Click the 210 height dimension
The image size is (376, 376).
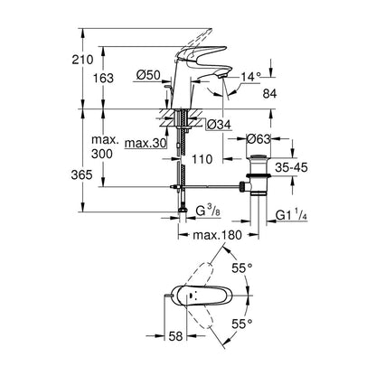82,60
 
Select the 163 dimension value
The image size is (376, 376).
103,78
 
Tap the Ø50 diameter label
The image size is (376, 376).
148,75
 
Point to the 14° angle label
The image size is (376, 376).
249,77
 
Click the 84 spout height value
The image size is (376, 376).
269,94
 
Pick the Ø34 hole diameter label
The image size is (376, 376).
219,124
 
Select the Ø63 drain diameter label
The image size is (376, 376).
258,139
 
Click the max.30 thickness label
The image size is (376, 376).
146,144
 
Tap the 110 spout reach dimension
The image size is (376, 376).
202,159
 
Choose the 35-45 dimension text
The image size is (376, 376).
291,167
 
